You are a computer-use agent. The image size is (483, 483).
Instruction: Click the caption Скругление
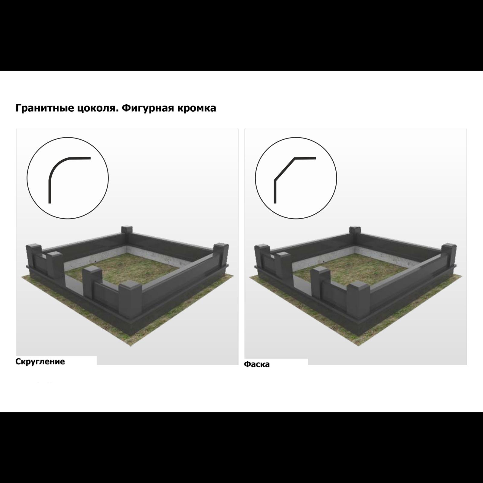pos(40,361)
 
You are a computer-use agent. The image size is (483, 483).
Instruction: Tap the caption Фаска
pos(257,364)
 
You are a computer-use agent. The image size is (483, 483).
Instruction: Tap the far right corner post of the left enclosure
pos(222,257)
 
